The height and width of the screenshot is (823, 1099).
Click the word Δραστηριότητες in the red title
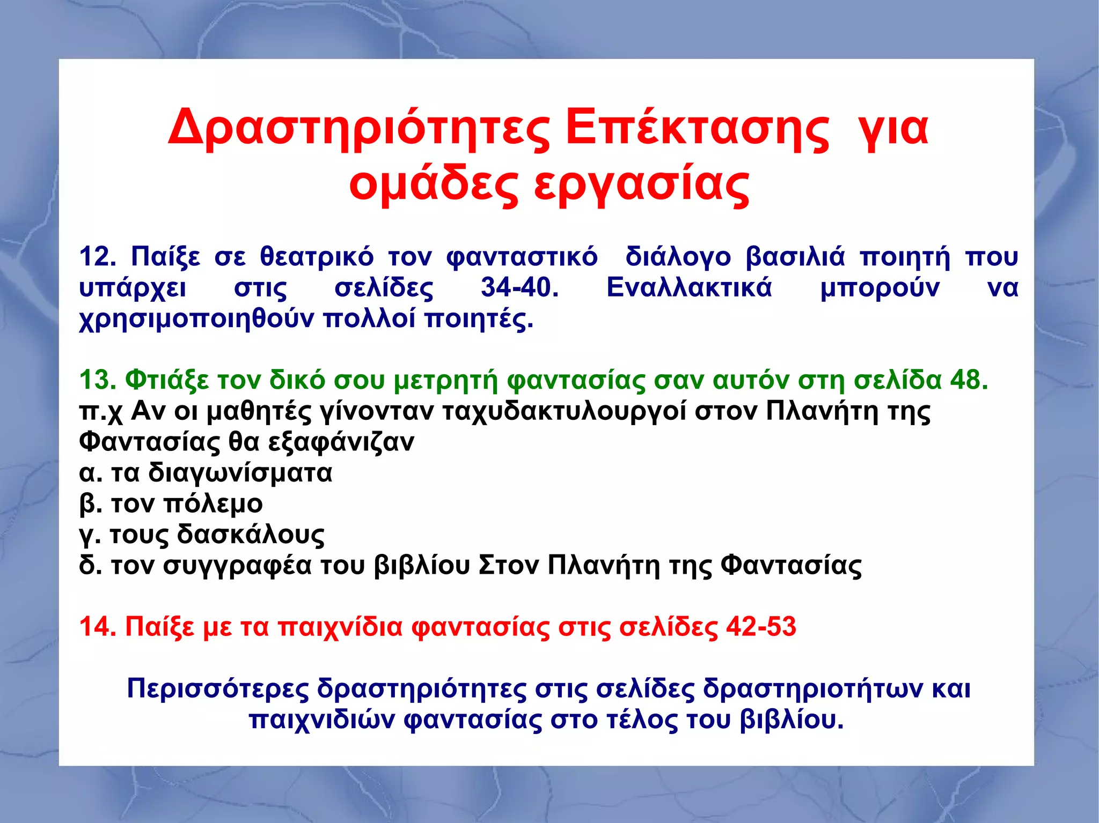(x=358, y=129)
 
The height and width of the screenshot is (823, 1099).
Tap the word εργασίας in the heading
(x=641, y=185)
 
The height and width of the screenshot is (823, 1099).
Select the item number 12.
(x=97, y=256)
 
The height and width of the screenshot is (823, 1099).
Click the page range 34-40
(x=519, y=287)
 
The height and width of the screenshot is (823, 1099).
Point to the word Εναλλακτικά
(x=689, y=287)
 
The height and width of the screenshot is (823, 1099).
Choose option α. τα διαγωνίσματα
(x=206, y=473)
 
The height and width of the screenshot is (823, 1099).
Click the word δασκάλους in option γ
(x=251, y=535)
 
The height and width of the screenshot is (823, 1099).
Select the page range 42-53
(x=761, y=626)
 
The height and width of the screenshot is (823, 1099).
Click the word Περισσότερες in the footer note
(x=218, y=688)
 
